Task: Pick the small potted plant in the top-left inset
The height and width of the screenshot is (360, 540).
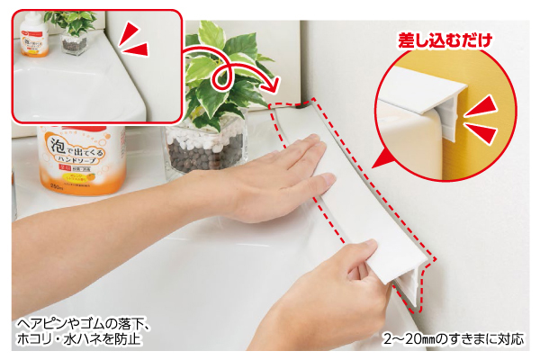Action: pos(71,31)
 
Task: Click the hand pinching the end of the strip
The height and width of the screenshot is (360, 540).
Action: pos(346,279)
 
